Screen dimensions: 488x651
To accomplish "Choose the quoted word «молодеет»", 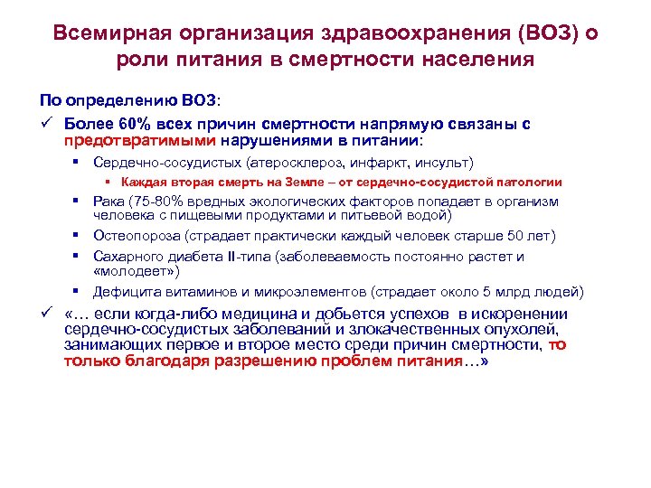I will coord(137,270).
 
